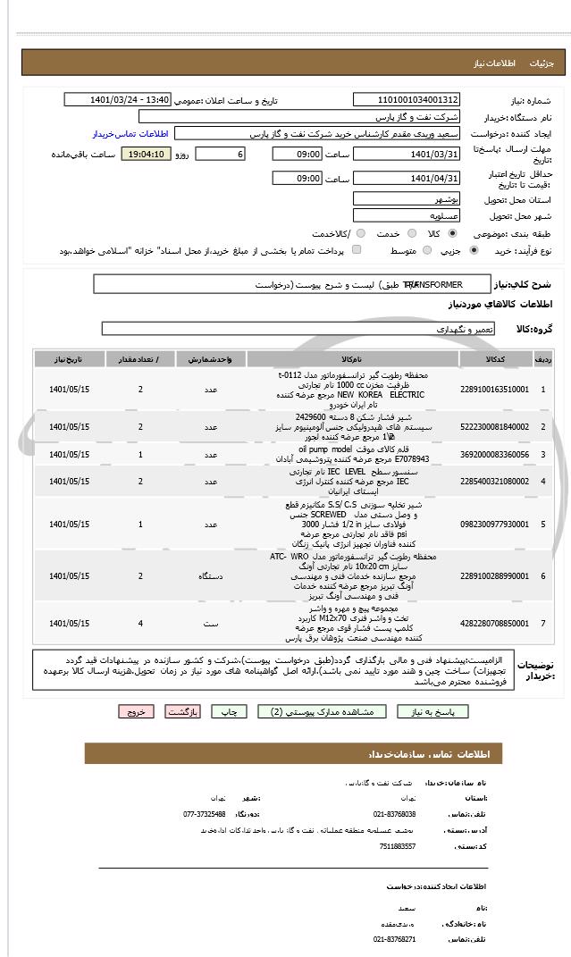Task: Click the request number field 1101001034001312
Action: pyautogui.click(x=407, y=100)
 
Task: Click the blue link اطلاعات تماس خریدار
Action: pyautogui.click(x=130, y=133)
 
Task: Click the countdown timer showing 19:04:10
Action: pyautogui.click(x=146, y=154)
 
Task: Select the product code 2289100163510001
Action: pyautogui.click(x=494, y=389)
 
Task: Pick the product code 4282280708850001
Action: pyautogui.click(x=494, y=622)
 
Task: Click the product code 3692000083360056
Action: pyautogui.click(x=494, y=455)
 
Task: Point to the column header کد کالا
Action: pyautogui.click(x=494, y=358)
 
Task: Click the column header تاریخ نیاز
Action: pyautogui.click(x=71, y=358)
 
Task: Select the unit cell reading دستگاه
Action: pyautogui.click(x=211, y=575)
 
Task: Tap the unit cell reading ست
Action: pyautogui.click(x=211, y=622)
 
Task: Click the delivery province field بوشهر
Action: pyautogui.click(x=407, y=199)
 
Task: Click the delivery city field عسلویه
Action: pyautogui.click(x=407, y=216)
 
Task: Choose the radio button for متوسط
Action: pyautogui.click(x=425, y=251)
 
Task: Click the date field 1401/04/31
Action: pyautogui.click(x=407, y=179)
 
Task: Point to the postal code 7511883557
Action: pyautogui.click(x=397, y=846)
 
